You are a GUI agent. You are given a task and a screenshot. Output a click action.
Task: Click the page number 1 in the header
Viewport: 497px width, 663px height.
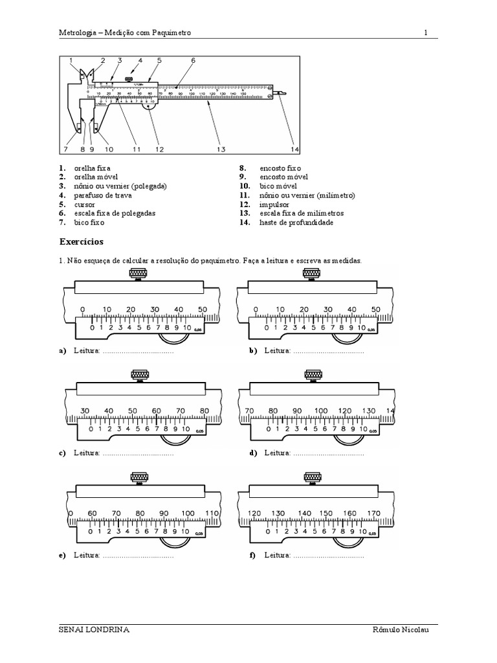tap(426, 32)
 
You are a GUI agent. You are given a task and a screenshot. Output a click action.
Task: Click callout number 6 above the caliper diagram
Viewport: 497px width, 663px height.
tap(193, 61)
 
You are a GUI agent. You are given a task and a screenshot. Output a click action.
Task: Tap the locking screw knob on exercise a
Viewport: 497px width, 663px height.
tap(137, 275)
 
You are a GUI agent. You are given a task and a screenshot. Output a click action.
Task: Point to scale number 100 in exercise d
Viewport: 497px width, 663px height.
tap(321, 411)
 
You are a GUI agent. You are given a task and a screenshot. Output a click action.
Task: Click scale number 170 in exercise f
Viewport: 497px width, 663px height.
tap(373, 513)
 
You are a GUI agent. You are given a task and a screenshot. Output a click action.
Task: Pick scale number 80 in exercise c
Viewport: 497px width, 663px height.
tap(204, 411)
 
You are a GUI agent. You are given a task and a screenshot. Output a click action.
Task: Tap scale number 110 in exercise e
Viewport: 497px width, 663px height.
tap(212, 513)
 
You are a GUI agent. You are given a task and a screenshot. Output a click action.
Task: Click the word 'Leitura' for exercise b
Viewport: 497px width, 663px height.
tap(277, 351)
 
